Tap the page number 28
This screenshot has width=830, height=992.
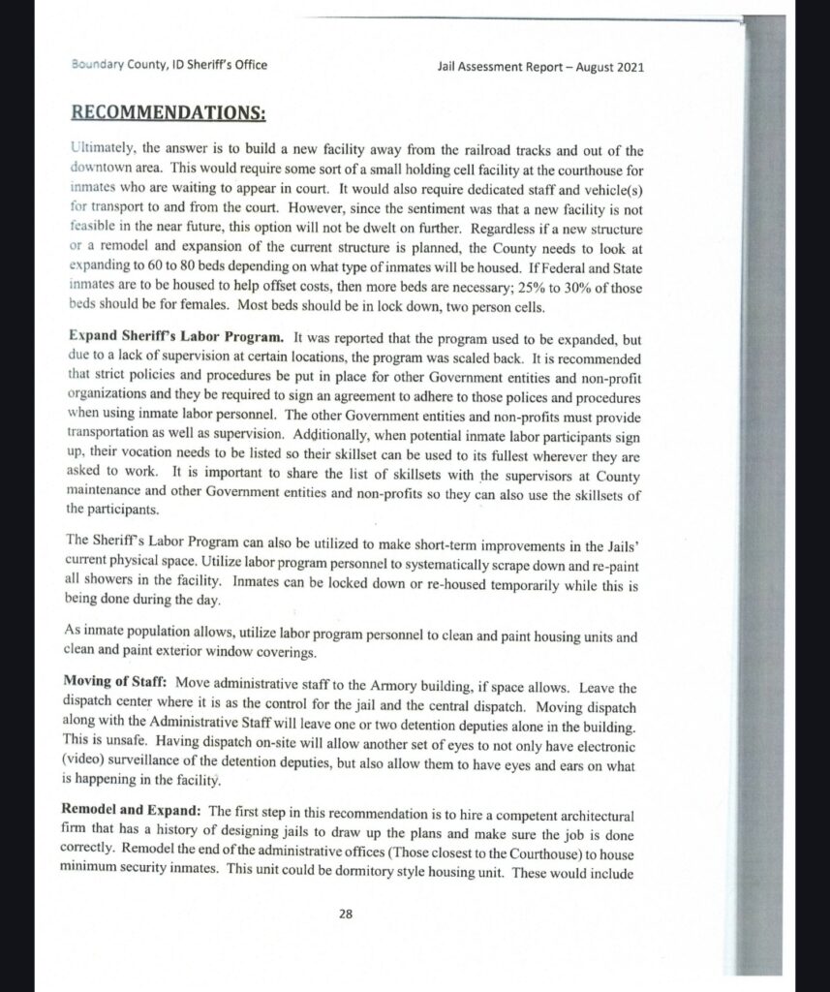(x=346, y=912)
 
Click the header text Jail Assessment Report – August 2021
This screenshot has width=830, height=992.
(x=541, y=67)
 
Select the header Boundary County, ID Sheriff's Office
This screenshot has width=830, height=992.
(x=169, y=66)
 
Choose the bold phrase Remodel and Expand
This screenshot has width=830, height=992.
(x=133, y=810)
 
